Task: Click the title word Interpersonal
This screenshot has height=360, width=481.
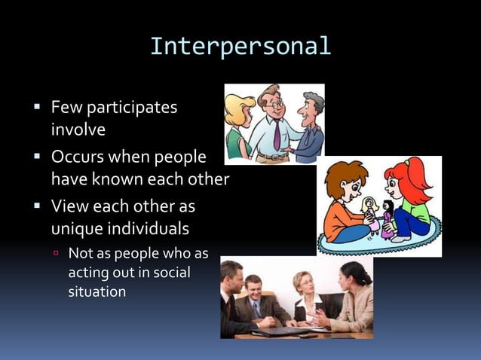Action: pos(240,46)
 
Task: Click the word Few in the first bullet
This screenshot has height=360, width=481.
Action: pos(66,108)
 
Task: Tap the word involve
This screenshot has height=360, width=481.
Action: pos(78,130)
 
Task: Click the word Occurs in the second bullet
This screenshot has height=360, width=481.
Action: pos(78,158)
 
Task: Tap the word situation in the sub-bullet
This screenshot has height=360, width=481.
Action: pos(97,291)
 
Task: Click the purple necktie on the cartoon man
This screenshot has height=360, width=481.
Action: pos(277,136)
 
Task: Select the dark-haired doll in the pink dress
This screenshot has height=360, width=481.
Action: pos(388,219)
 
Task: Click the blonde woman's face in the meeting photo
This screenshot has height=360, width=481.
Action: pos(305,285)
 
